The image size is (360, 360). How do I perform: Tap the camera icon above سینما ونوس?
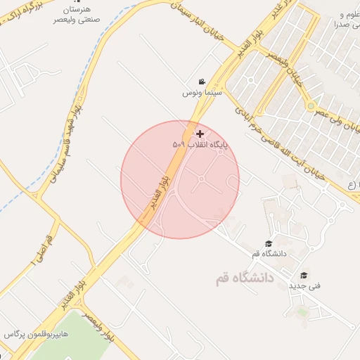click(x=202, y=82)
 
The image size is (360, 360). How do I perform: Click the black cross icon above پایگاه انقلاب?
click(x=200, y=134)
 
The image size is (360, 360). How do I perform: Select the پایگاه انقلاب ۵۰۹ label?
click(x=200, y=144)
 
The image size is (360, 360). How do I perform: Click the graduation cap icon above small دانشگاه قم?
click(x=268, y=243)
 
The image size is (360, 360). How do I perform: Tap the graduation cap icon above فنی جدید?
click(x=304, y=276)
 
